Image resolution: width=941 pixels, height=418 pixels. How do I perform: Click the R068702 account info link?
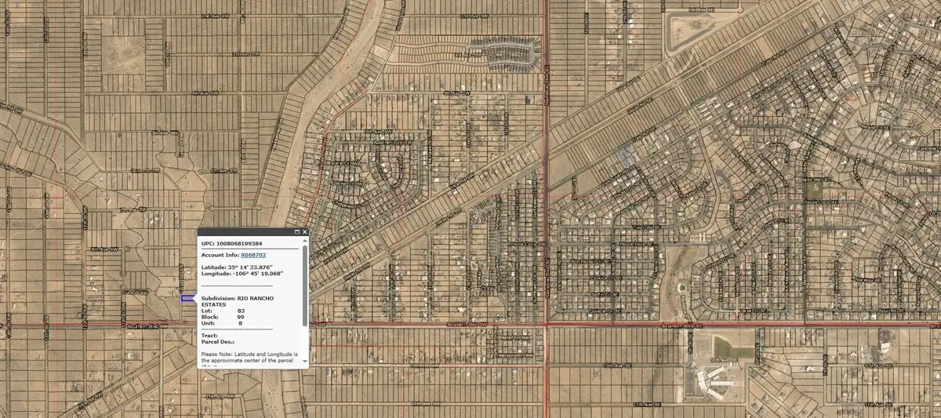click(x=253, y=255)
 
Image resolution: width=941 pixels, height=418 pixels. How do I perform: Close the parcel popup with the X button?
click(x=304, y=232)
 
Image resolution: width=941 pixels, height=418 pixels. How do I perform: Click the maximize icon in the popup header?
click(x=296, y=232)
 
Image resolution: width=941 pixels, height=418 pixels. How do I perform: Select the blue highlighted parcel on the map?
click(x=187, y=298)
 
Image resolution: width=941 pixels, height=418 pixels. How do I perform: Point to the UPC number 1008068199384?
click(x=242, y=243)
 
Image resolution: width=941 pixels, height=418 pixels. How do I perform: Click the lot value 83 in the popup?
click(x=241, y=311)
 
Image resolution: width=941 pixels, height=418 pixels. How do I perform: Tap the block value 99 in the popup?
click(x=241, y=317)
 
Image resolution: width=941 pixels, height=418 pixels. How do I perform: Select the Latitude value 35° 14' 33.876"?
click(x=255, y=267)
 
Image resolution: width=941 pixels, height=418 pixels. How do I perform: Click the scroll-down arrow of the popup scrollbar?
click(x=304, y=364)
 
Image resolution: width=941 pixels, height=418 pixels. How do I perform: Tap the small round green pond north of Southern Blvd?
click(x=681, y=287)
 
